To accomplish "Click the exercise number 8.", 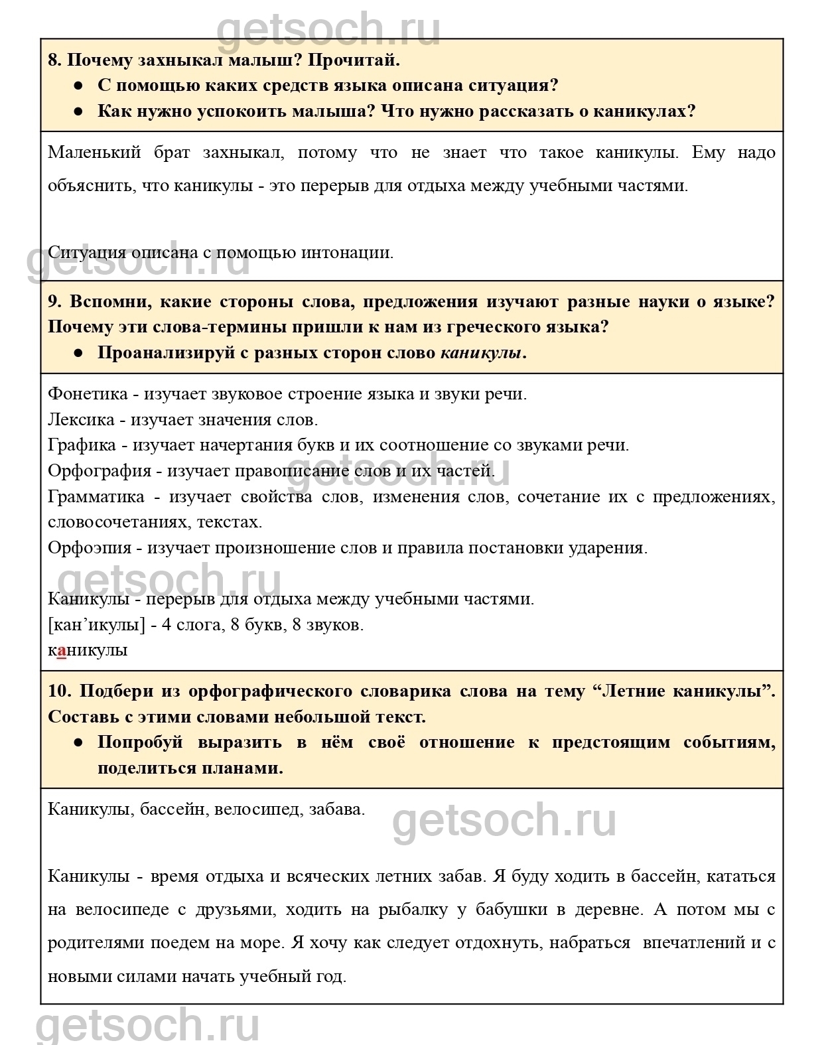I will pos(54,60).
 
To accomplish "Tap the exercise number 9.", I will pos(54,302).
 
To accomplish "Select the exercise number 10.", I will pos(59,691).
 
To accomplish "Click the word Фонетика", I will pos(88,394).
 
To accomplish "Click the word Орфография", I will pos(100,472).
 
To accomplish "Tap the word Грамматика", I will pos(96,498).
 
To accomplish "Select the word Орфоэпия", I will pos(90,549).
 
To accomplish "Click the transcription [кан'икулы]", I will pos(96,625).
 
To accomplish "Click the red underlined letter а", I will pos(62,651).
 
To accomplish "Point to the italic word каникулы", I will pos(481,353).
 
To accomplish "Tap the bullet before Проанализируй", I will pos(78,353).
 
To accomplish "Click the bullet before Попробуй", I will pos(78,742).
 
